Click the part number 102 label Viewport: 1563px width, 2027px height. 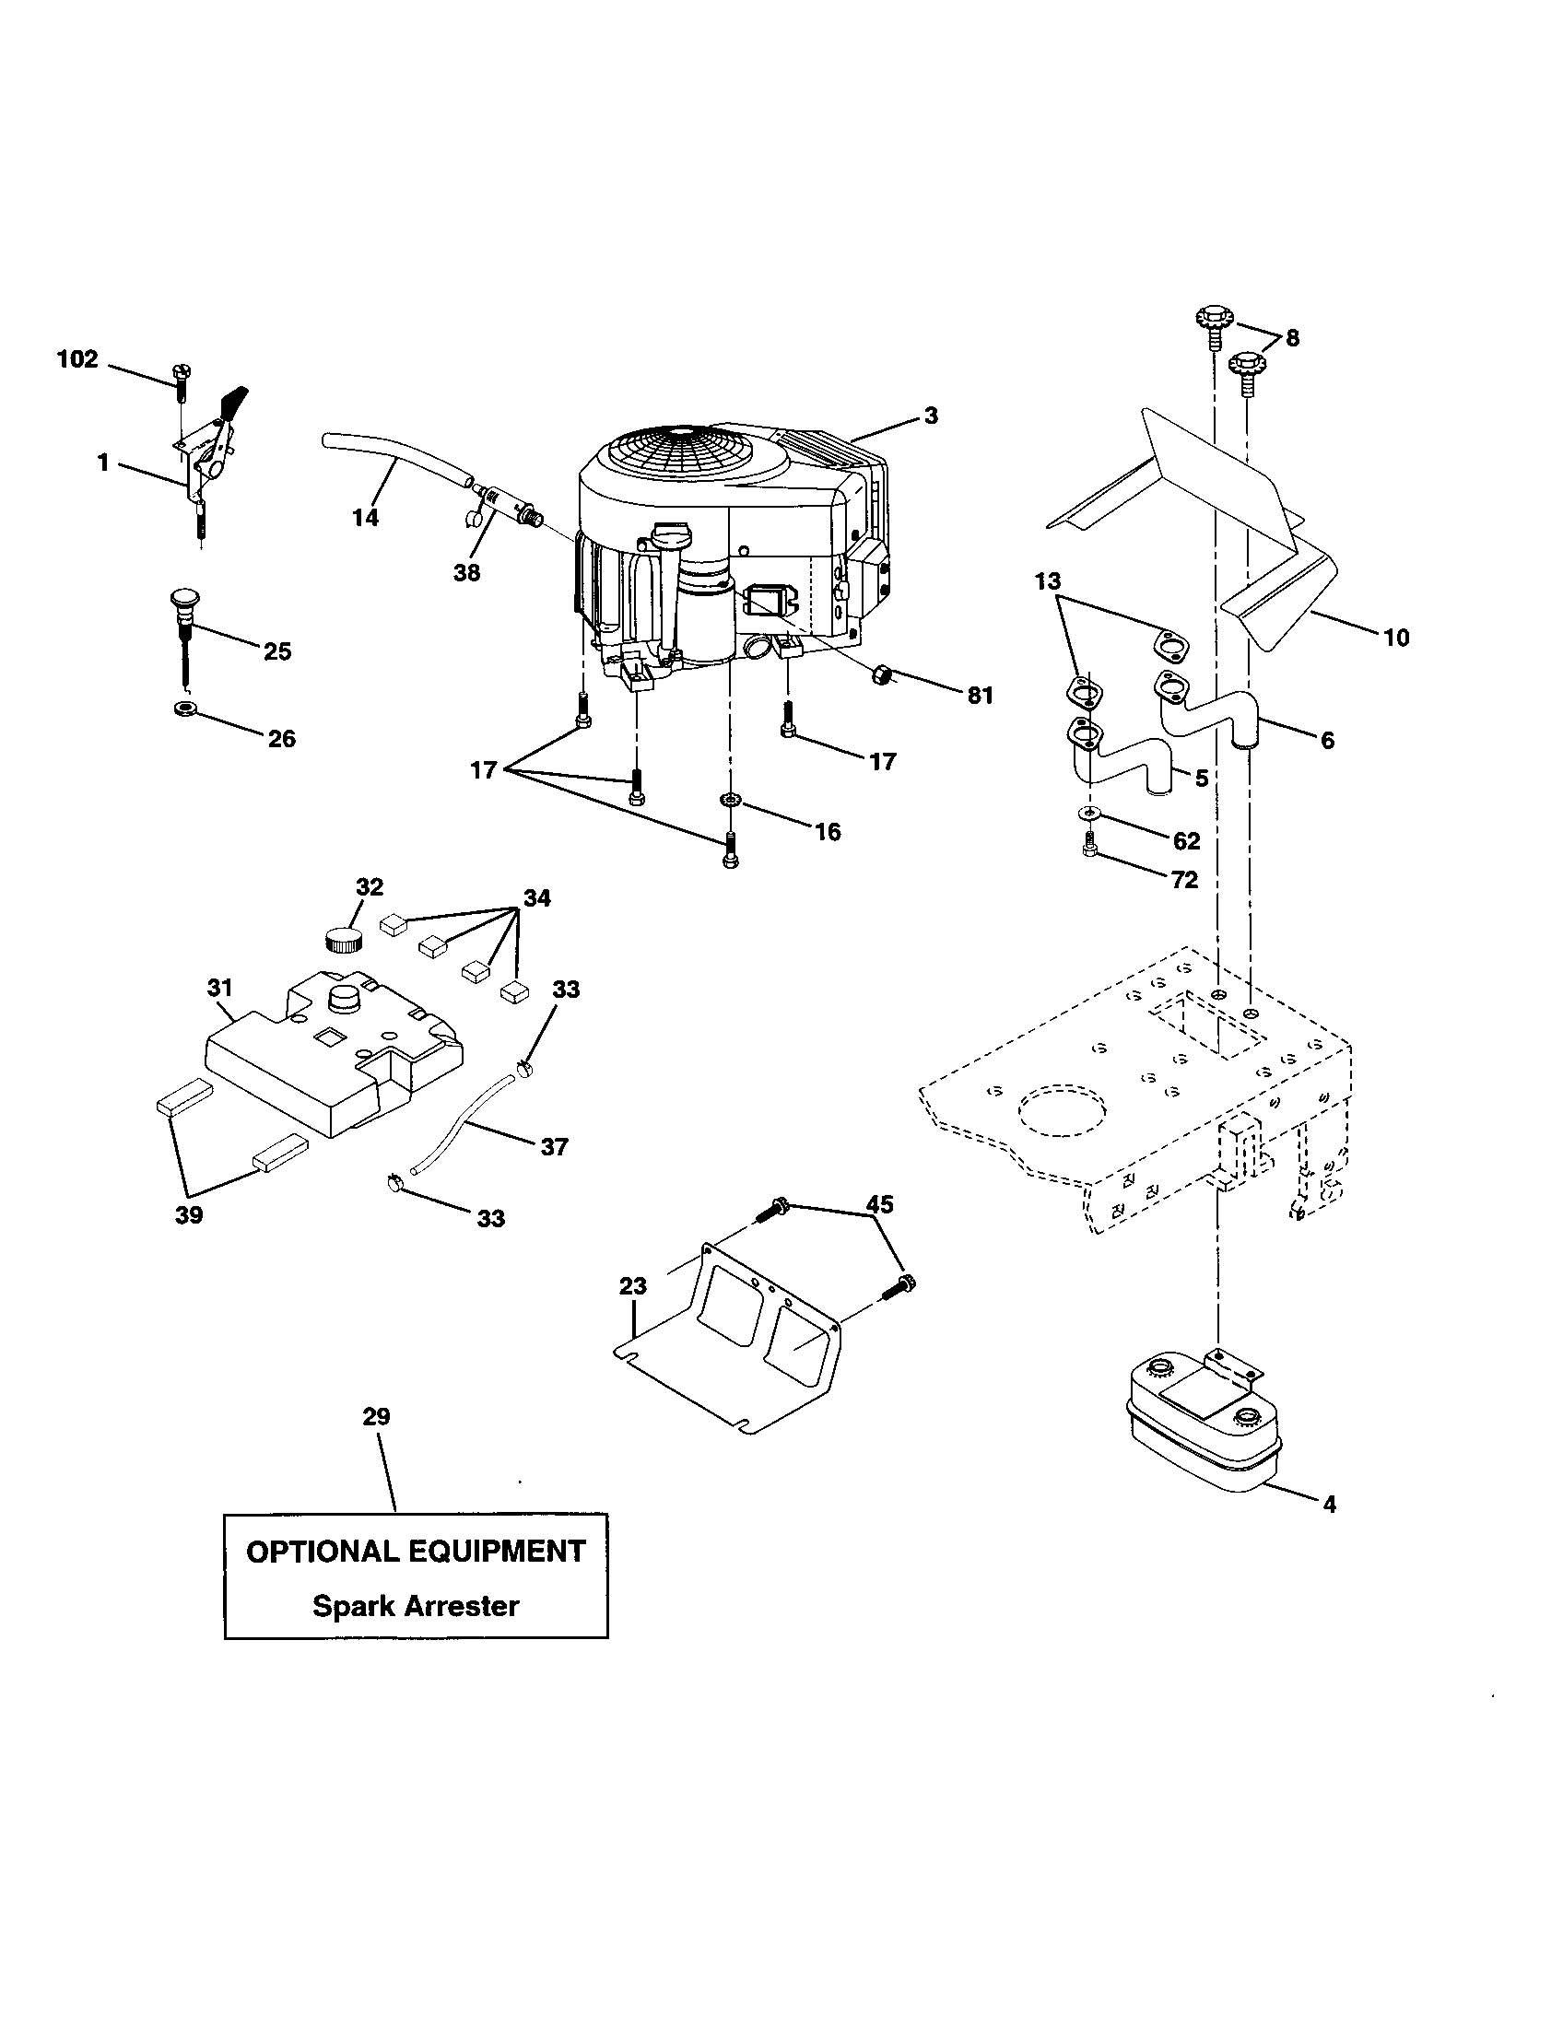[x=78, y=359]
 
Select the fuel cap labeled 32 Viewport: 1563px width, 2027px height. [x=345, y=937]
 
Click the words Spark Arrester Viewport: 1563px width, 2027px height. [x=415, y=1606]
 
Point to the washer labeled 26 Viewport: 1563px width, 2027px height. [x=183, y=710]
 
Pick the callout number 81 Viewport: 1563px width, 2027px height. [x=981, y=695]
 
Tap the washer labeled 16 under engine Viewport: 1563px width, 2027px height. [x=731, y=800]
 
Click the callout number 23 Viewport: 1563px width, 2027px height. [x=633, y=1286]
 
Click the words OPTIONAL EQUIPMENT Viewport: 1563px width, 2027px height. [x=415, y=1552]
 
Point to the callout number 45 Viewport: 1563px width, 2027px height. [x=879, y=1204]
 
